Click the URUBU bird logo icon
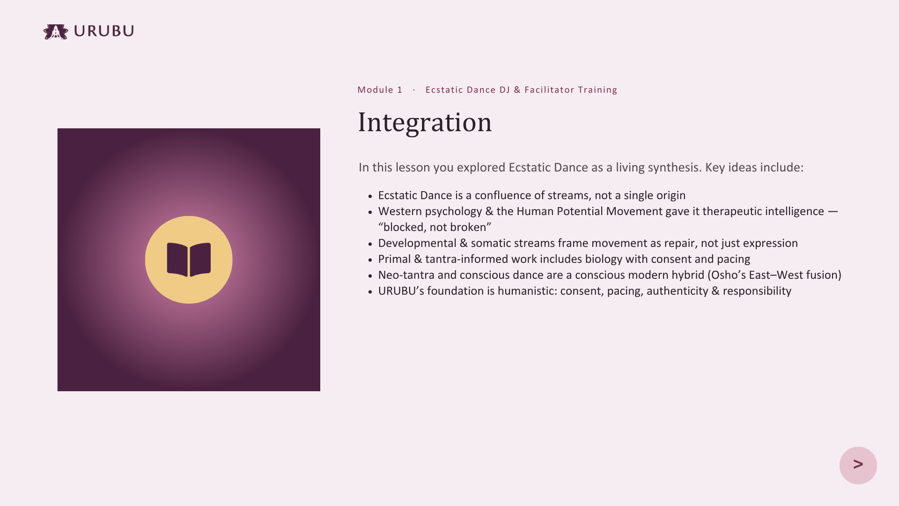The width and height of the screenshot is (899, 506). click(56, 31)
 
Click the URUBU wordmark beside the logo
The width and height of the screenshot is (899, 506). click(104, 31)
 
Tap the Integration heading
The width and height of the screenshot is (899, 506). click(425, 122)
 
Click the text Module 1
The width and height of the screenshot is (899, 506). click(380, 89)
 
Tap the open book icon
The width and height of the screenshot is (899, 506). click(189, 260)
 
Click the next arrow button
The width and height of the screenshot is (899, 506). click(858, 465)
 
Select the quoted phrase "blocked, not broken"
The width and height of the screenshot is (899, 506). click(435, 227)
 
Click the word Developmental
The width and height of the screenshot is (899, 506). click(417, 243)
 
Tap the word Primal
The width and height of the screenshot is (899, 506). click(394, 259)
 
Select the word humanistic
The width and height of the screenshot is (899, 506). click(527, 291)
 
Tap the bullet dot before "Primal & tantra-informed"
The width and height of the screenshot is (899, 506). click(370, 260)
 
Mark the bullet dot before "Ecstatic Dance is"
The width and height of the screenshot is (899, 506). click(370, 196)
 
